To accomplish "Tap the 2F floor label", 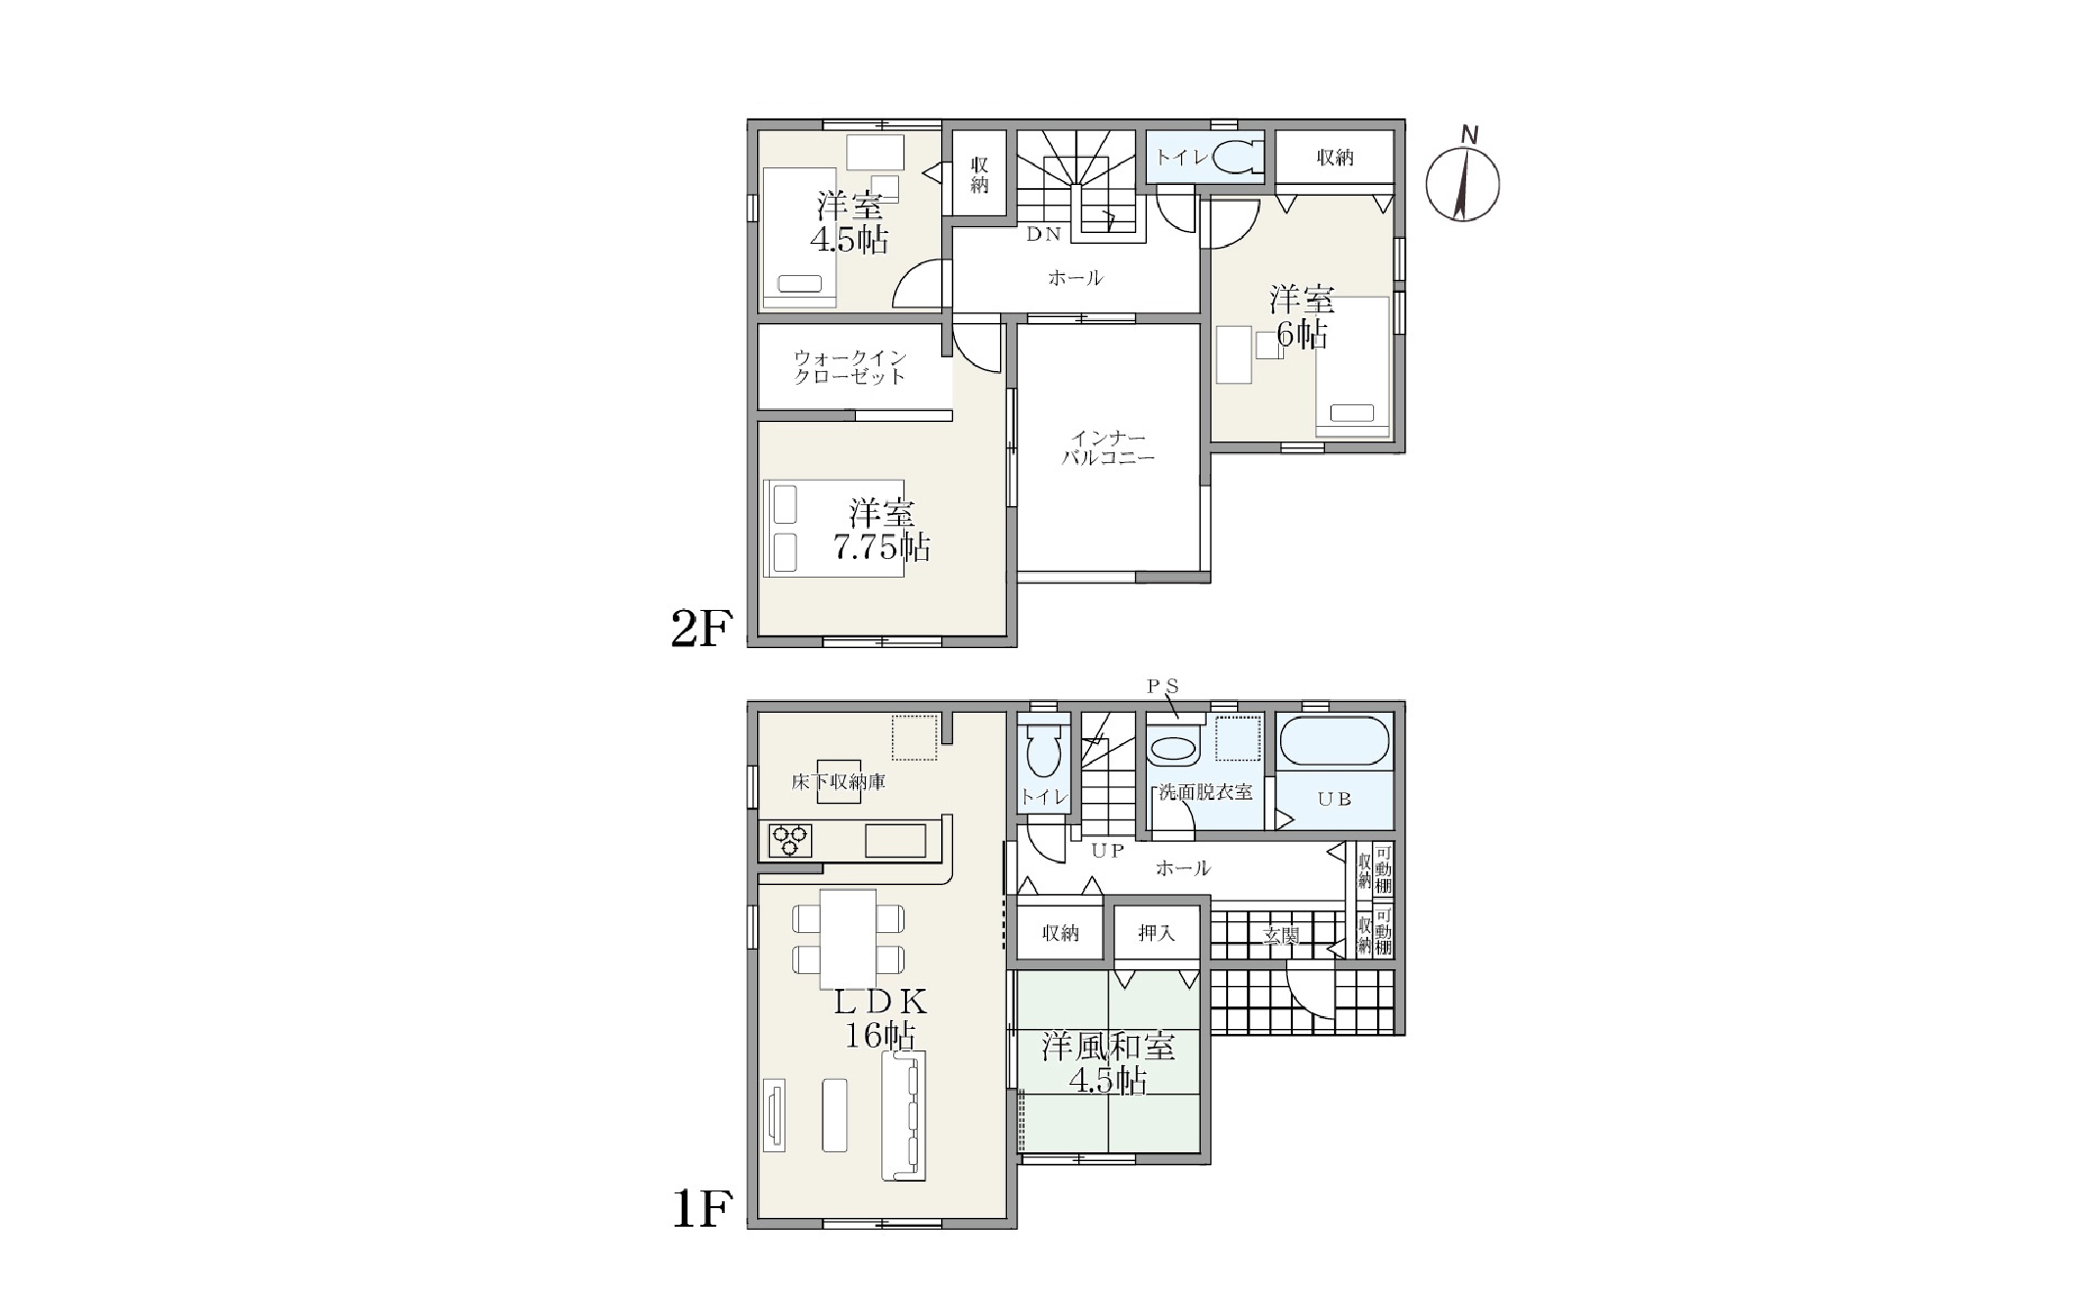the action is point(701,630).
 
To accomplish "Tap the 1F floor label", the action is point(701,1211).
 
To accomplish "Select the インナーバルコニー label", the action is point(1109,447).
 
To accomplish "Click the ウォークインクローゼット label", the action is point(850,367).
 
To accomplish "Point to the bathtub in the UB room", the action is point(1334,742).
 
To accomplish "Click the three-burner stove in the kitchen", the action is point(789,840).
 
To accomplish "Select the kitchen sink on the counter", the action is point(895,841).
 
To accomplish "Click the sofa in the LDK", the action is point(903,1117).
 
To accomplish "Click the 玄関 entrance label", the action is point(1281,936).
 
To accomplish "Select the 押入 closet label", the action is point(1157,933).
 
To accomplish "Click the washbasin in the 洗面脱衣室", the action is point(1172,750).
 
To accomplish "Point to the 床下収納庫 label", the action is point(838,782).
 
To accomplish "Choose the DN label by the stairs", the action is point(1044,234).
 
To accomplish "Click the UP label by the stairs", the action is point(1108,851).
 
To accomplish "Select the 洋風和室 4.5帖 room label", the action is point(1108,1062).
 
